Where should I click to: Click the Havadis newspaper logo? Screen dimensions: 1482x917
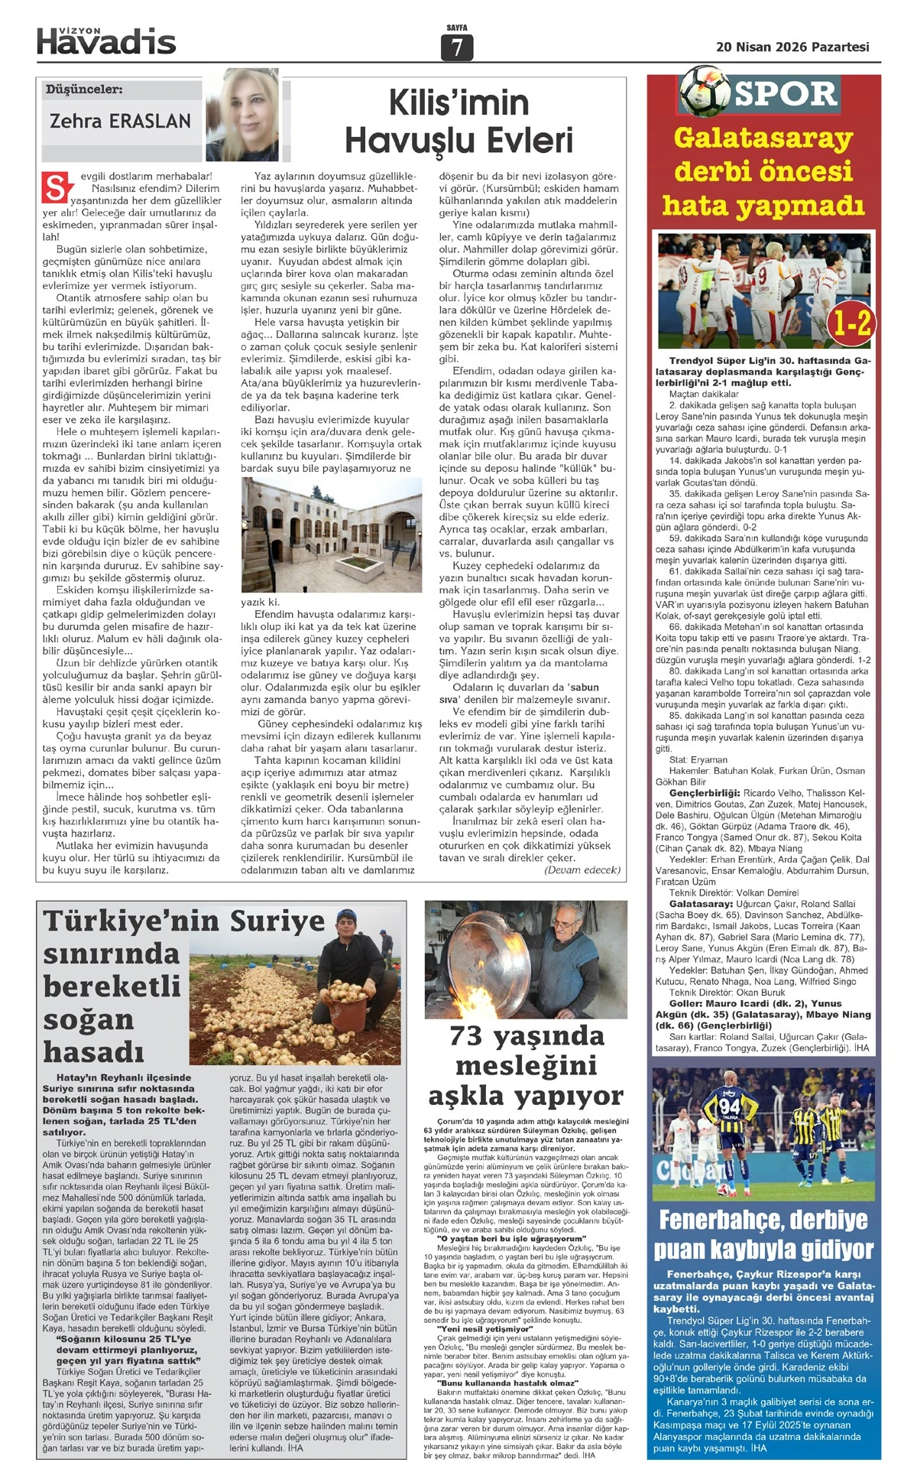pos(106,41)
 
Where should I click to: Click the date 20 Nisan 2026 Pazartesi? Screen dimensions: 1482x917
pos(792,47)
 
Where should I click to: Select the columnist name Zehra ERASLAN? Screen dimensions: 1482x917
pos(120,121)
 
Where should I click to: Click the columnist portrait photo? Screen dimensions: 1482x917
pos(242,114)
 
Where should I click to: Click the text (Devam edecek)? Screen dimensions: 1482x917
pos(582,870)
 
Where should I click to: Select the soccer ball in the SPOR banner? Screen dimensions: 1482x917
pos(704,89)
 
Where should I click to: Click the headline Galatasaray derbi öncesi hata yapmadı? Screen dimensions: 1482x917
pos(763,171)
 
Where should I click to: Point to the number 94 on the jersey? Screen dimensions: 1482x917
pos(729,1107)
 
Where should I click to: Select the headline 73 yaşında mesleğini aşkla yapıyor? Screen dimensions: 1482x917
pos(526,1065)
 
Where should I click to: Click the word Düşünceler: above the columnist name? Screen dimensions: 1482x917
pos(84,89)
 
